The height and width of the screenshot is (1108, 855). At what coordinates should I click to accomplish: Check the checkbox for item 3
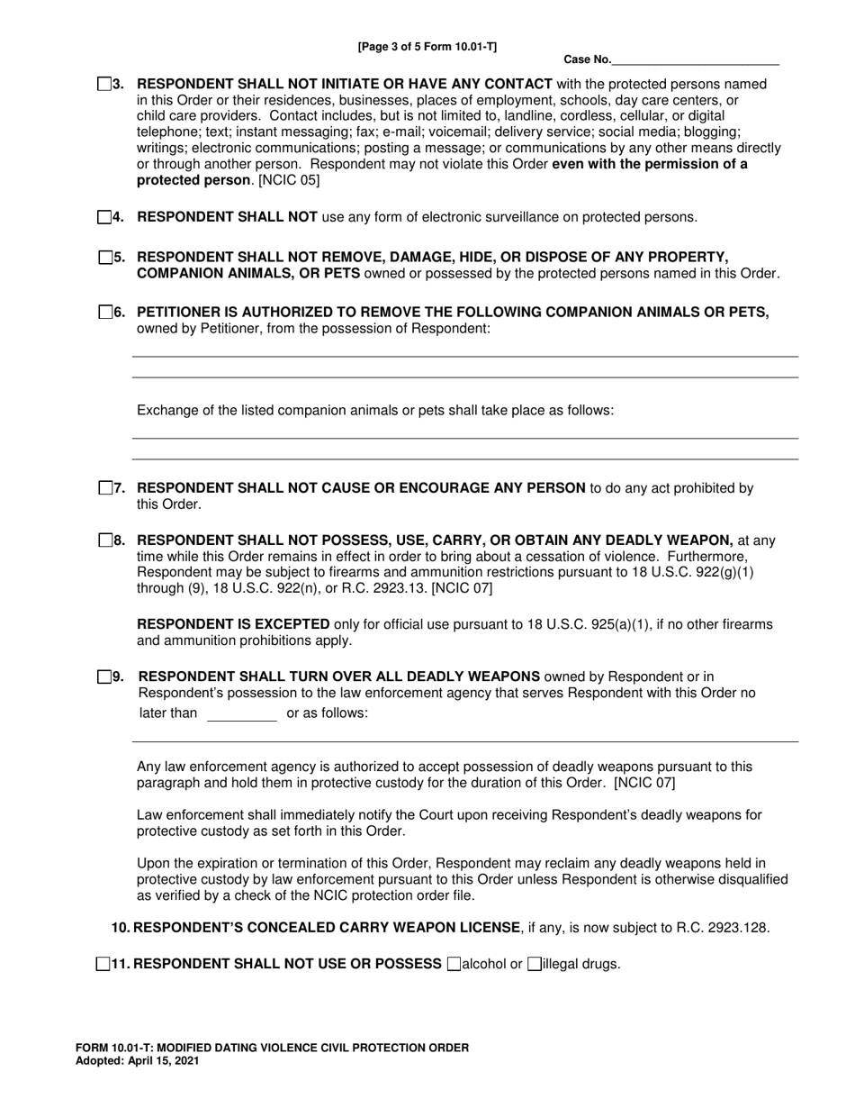tap(104, 85)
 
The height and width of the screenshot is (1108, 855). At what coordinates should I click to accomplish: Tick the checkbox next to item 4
tap(104, 217)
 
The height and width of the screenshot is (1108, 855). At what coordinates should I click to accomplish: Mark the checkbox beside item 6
tap(104, 313)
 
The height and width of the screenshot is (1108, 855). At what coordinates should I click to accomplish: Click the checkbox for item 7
tap(104, 488)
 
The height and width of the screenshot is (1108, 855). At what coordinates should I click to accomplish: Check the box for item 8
tap(104, 540)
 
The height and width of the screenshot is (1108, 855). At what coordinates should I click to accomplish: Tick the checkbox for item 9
tap(104, 677)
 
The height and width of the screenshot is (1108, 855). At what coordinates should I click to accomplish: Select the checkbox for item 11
tap(102, 964)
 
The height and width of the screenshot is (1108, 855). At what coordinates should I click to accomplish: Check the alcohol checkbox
tap(454, 964)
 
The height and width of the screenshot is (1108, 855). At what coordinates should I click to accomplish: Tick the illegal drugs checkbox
tap(535, 964)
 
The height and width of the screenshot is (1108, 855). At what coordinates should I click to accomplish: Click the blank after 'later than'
tap(241, 713)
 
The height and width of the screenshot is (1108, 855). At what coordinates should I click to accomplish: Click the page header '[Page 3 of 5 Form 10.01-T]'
tap(427, 46)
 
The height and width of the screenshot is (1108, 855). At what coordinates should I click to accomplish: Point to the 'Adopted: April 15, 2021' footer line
tap(138, 1061)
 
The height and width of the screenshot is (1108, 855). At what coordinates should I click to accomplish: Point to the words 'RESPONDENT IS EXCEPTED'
tap(233, 624)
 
